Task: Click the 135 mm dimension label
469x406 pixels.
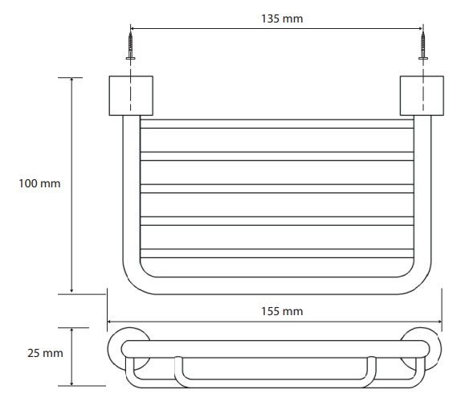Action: pos(282,18)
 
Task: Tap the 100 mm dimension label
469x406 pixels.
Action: pos(39,183)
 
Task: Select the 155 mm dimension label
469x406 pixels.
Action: pos(282,311)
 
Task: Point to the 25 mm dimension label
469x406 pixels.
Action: pos(45,353)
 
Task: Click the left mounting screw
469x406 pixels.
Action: pos(130,46)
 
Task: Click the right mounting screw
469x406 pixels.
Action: pos(423,46)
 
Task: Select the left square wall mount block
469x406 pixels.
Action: pos(131,96)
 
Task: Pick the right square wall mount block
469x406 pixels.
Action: pos(422,96)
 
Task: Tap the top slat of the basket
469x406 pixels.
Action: pos(277,124)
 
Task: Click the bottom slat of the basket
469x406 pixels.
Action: pos(277,253)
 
